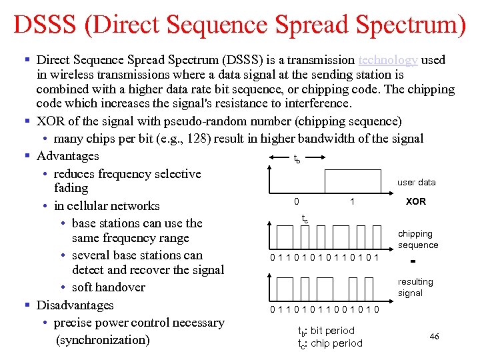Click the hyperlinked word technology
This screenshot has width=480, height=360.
click(x=388, y=60)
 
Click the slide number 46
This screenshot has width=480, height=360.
click(x=434, y=337)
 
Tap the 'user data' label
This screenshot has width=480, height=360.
click(x=416, y=182)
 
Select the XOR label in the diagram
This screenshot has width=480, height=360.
click(x=416, y=201)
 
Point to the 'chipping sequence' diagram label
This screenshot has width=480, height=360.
click(x=418, y=239)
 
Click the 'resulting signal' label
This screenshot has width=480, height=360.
click(x=415, y=287)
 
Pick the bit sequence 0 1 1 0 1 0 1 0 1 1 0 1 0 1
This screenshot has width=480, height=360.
click(x=325, y=257)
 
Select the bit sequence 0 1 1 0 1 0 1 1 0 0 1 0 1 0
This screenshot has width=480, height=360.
click(x=325, y=309)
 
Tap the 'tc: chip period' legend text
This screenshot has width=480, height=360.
click(x=329, y=343)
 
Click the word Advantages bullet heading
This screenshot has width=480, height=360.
click(x=67, y=156)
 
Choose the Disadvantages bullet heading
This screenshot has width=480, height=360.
click(x=75, y=305)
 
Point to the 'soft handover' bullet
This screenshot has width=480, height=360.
click(x=108, y=287)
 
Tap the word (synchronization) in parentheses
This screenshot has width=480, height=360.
click(x=103, y=340)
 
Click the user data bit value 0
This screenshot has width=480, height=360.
click(x=297, y=201)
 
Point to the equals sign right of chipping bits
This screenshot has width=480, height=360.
click(x=414, y=261)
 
